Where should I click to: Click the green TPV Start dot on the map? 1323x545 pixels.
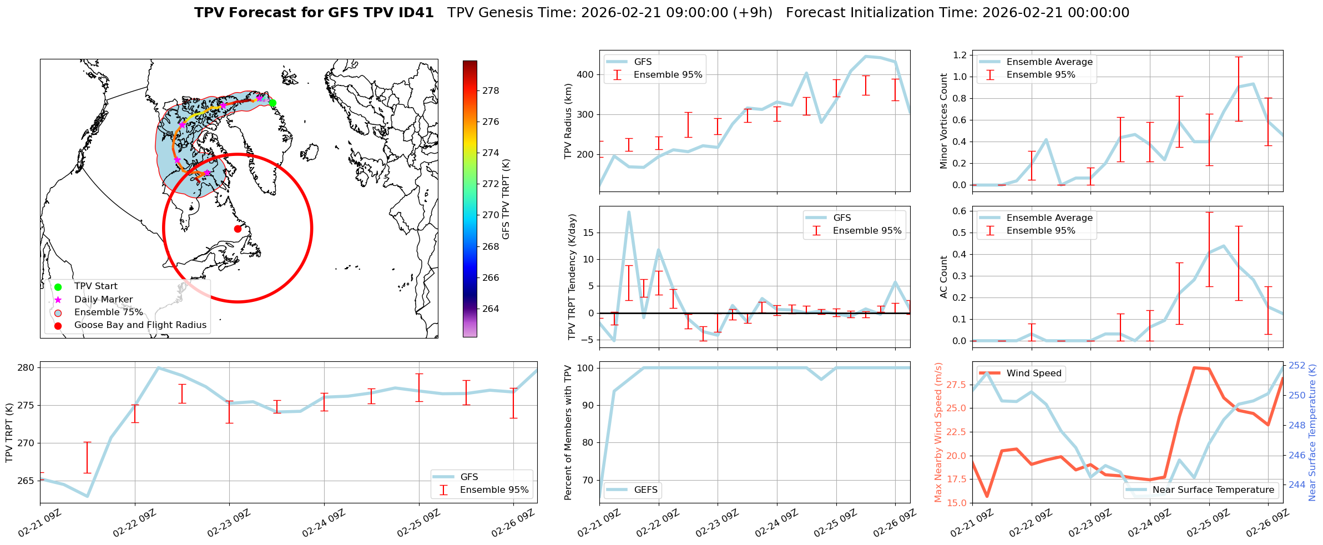pos(272,103)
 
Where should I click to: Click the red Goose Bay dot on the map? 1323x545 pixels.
pos(238,229)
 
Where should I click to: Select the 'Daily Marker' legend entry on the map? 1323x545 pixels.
pos(103,300)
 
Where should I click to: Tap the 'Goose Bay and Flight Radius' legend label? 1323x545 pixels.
pos(140,325)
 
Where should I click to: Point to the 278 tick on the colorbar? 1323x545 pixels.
pos(491,90)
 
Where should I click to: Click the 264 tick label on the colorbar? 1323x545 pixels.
pos(491,309)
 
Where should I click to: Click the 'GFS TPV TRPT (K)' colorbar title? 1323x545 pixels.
pos(506,199)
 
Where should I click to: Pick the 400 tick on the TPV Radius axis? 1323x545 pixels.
pos(586,74)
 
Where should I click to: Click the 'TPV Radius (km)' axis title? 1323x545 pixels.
pos(568,121)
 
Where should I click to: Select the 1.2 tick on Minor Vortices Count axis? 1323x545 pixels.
pos(959,55)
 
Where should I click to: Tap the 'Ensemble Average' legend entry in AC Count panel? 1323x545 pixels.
pos(1049,218)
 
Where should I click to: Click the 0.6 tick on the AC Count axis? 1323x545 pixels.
pos(959,211)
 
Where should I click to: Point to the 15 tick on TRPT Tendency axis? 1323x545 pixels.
pos(588,233)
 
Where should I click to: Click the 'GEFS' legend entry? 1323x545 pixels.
pos(645,490)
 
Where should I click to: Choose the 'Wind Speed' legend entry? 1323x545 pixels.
pos(1033,374)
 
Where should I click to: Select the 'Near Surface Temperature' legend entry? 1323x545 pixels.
pos(1213,490)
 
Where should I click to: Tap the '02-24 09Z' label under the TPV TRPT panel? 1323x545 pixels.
pos(323,524)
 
